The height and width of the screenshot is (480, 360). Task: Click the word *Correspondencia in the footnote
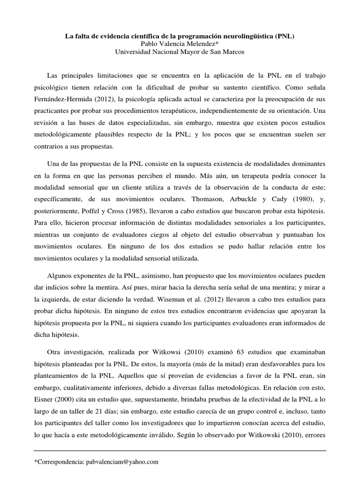pyautogui.click(x=60, y=462)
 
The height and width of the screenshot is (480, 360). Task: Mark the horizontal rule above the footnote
pyautogui.click(x=180, y=451)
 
